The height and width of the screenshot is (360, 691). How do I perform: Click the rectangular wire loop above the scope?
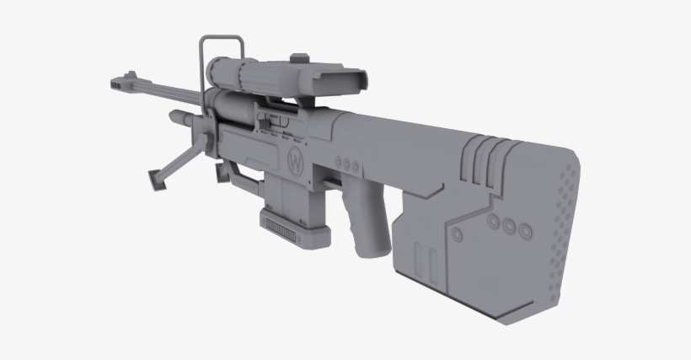point(222,51)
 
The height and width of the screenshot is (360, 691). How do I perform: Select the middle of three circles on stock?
point(508,226)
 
